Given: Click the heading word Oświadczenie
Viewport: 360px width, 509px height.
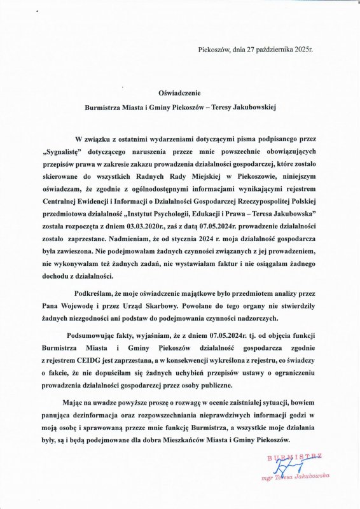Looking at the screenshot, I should [x=180, y=92].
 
